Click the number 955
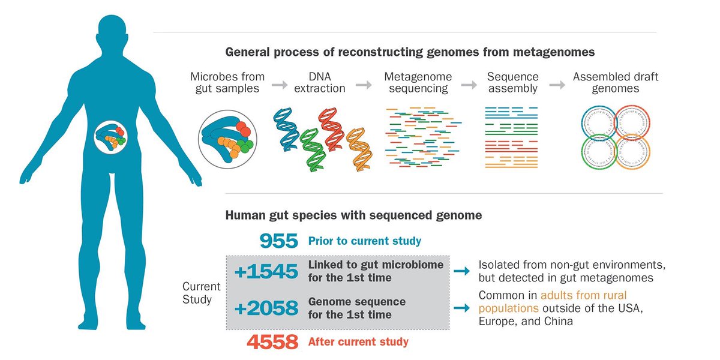(x=279, y=241)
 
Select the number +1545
(x=266, y=272)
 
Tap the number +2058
(x=266, y=308)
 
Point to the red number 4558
(x=272, y=343)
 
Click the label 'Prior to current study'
(x=365, y=241)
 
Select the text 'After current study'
(x=358, y=342)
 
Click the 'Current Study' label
(x=202, y=293)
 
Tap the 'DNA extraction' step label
(x=323, y=83)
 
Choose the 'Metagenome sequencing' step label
(x=418, y=83)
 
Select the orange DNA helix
(x=359, y=147)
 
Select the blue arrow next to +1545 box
(x=461, y=272)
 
